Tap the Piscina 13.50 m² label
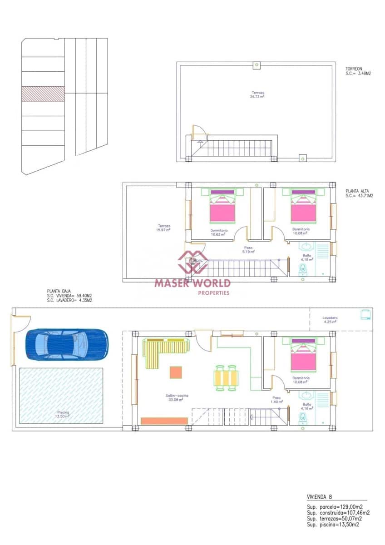(x=63, y=414)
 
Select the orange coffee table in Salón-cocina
(x=176, y=372)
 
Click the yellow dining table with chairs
(x=226, y=378)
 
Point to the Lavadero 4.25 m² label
(x=330, y=320)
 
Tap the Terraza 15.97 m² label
(x=164, y=228)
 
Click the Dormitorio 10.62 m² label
(x=219, y=232)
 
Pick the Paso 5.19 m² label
(x=248, y=249)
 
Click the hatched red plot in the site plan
(x=43, y=94)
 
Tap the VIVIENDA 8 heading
(x=322, y=497)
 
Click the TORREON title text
(x=354, y=69)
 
